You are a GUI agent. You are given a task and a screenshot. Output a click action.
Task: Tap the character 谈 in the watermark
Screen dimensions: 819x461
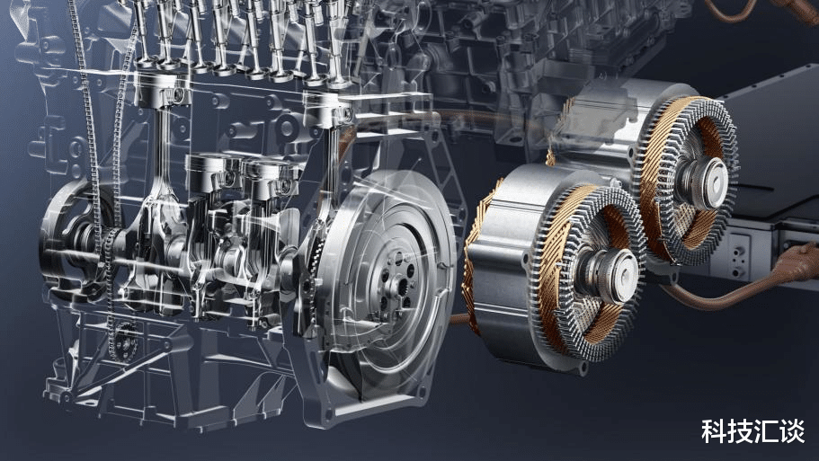(x=792, y=431)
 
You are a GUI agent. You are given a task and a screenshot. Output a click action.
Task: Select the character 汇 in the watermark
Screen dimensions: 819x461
(x=766, y=431)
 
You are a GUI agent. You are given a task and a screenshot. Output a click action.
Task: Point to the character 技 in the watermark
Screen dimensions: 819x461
(x=740, y=431)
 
